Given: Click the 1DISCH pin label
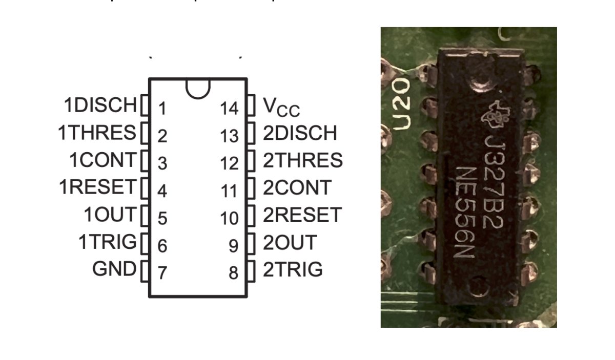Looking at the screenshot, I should coord(100,105).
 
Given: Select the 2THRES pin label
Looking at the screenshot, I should coord(303,160).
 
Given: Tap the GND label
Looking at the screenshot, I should coord(114,269).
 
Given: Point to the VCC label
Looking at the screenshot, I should coord(281,107).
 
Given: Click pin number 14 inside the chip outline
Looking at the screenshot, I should coord(229,109).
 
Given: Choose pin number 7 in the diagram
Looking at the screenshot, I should coord(162,273).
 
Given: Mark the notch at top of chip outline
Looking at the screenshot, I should coord(198,88).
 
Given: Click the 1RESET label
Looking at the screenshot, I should coord(98,187).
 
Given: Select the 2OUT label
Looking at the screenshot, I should coord(290,243).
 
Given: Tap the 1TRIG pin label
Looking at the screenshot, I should coord(107,242).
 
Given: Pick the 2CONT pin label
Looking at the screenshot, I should coord(297,188).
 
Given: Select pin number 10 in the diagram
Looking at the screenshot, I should coord(229,219).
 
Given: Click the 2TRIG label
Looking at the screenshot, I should coord(293,269).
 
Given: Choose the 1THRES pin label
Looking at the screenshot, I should coord(97,133).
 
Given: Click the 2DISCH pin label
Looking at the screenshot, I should coord(300,133).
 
